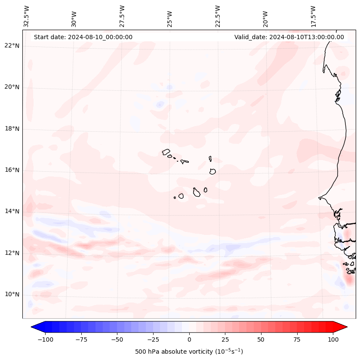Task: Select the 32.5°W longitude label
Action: pyautogui.click(x=27, y=16)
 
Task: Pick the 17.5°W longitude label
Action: pyautogui.click(x=313, y=16)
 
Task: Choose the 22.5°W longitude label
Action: pyautogui.click(x=218, y=16)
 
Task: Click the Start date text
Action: pyautogui.click(x=83, y=37)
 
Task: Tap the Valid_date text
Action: pyautogui.click(x=289, y=37)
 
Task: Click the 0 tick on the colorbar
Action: pyautogui.click(x=189, y=339)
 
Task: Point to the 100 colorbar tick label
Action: pyautogui.click(x=333, y=339)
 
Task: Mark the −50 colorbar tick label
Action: pyautogui.click(x=117, y=339)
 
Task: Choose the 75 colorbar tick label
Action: pyautogui.click(x=297, y=339)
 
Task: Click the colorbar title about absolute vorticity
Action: pyautogui.click(x=189, y=352)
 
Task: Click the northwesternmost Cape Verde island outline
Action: pyautogui.click(x=166, y=151)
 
